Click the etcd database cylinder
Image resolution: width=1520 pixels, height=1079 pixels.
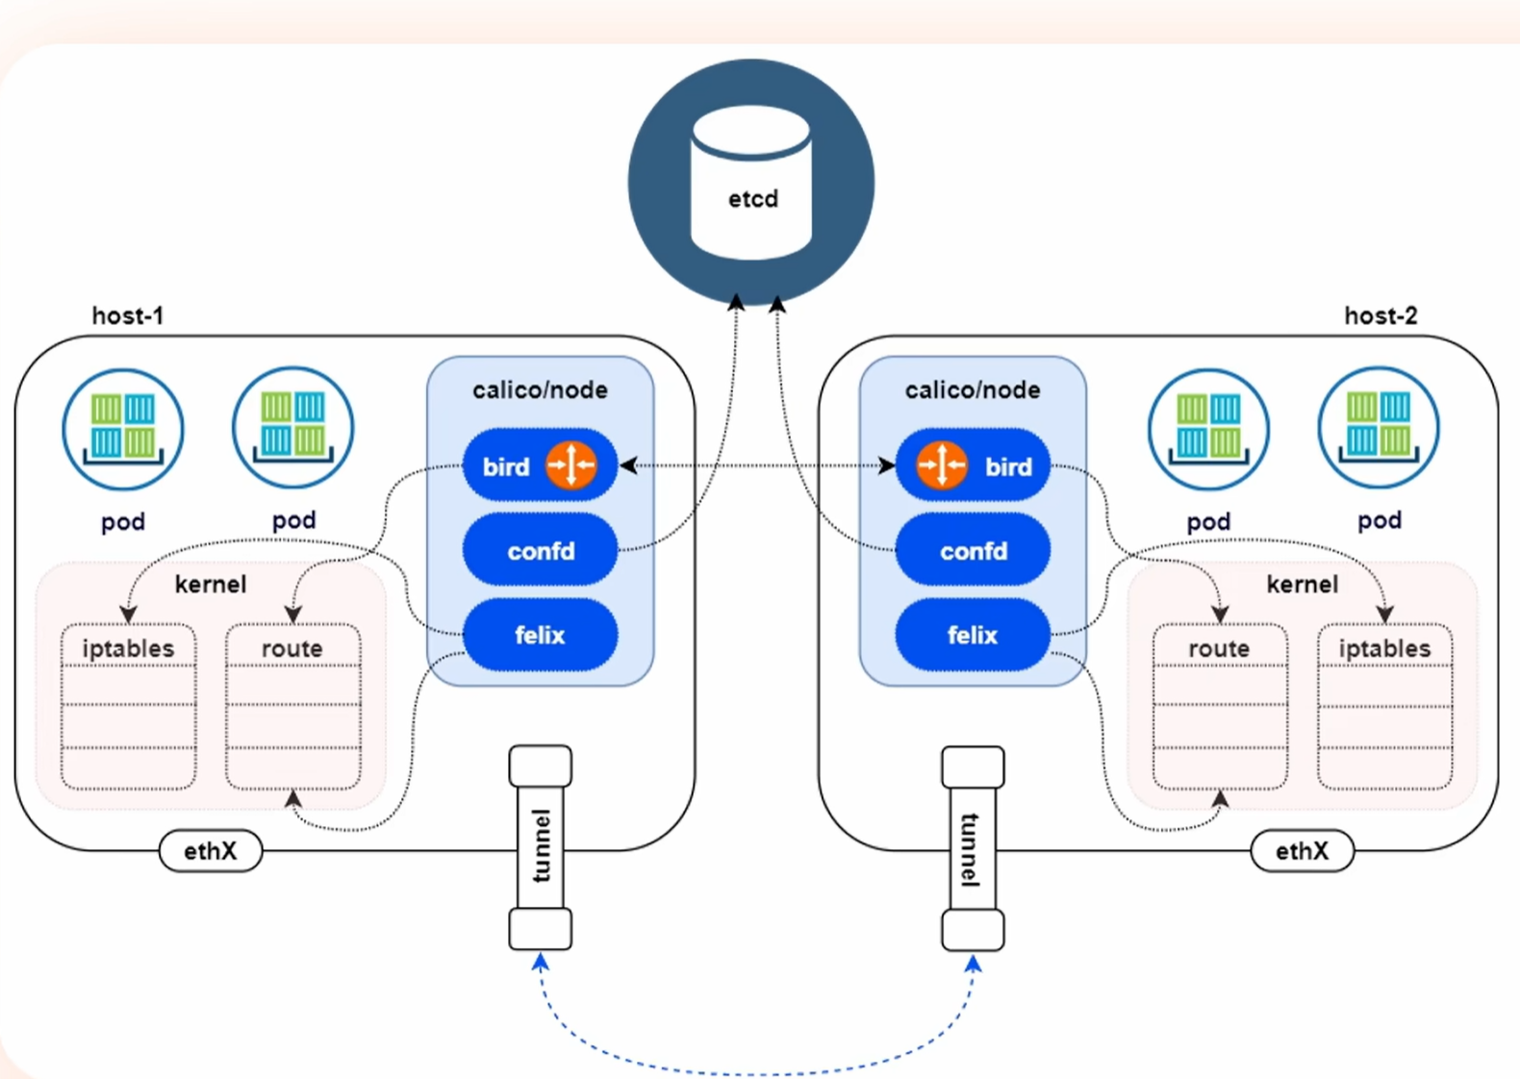pyautogui.click(x=751, y=183)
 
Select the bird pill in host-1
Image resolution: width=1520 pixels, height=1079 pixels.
pyautogui.click(x=540, y=465)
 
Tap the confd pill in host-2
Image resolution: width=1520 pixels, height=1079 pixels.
pyautogui.click(x=973, y=550)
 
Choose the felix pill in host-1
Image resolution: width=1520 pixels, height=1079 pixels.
pyautogui.click(x=540, y=635)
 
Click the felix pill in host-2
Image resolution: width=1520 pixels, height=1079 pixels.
pyautogui.click(x=973, y=635)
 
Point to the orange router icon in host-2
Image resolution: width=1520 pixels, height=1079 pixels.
pyautogui.click(x=942, y=465)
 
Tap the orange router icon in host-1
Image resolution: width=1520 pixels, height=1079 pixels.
pyautogui.click(x=571, y=465)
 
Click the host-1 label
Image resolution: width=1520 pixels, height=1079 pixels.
pyautogui.click(x=128, y=315)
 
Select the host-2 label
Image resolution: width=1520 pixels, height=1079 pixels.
pyautogui.click(x=1381, y=315)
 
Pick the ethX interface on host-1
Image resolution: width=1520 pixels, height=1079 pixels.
pyautogui.click(x=211, y=850)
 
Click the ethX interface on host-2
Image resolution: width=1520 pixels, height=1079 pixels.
pyautogui.click(x=1303, y=850)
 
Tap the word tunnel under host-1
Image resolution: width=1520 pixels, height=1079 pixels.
pyautogui.click(x=541, y=845)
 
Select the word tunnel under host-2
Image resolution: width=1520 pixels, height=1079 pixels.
pyautogui.click(x=972, y=850)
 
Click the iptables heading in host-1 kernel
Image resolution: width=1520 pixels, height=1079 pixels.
pyautogui.click(x=128, y=648)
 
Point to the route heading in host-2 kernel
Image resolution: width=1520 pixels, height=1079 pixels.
pyautogui.click(x=1220, y=648)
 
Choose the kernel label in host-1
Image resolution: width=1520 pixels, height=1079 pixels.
pyautogui.click(x=211, y=584)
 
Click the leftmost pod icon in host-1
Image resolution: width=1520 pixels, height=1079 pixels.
pyautogui.click(x=123, y=429)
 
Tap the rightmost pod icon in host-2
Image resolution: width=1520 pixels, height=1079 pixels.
pyautogui.click(x=1379, y=428)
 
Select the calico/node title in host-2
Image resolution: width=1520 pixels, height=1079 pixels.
pyautogui.click(x=973, y=389)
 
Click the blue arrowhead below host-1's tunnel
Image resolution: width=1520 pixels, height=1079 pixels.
pyautogui.click(x=540, y=962)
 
